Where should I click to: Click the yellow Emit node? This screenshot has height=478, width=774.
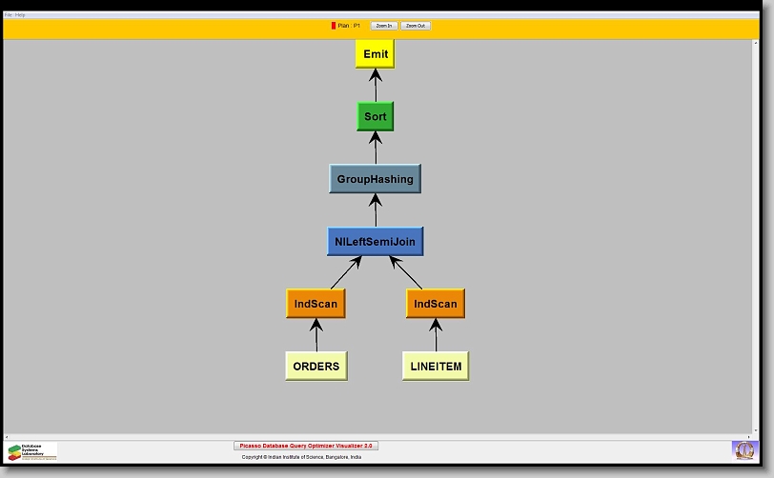(375, 54)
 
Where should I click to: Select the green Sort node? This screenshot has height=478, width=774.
(375, 116)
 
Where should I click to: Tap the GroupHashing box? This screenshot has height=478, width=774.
(375, 179)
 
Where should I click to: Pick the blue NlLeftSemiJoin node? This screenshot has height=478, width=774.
(375, 242)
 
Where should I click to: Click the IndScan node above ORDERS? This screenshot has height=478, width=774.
(315, 304)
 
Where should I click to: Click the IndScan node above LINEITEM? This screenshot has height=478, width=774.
(435, 304)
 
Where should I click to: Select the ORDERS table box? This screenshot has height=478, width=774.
(315, 366)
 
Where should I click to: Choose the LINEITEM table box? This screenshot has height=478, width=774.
(435, 366)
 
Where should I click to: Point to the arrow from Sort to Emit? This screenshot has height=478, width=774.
(375, 86)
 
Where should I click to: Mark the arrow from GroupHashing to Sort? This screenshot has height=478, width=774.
(375, 148)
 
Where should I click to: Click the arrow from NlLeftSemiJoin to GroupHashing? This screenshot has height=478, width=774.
(375, 210)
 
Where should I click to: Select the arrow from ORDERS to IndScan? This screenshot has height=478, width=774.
(316, 335)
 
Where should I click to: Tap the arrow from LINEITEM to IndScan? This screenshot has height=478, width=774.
(436, 335)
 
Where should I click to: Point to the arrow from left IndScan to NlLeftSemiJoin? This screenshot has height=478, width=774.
(345, 272)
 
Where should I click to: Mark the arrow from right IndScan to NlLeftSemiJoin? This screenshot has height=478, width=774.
(405, 272)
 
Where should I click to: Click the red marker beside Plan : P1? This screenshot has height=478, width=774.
(334, 26)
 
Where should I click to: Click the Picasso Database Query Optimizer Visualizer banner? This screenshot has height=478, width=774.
(306, 446)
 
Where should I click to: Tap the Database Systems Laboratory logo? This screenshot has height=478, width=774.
(32, 451)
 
